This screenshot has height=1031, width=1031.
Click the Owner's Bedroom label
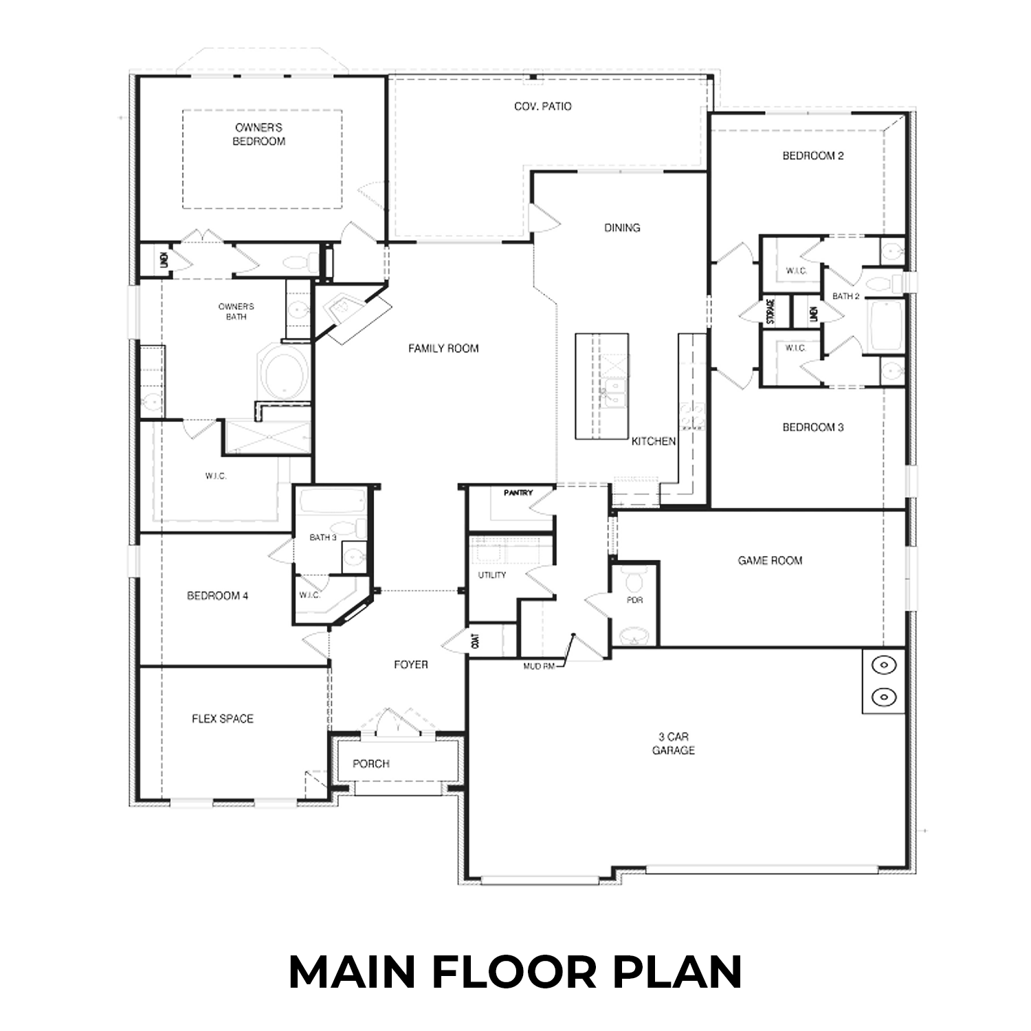[258, 135]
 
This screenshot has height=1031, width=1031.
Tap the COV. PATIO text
[542, 107]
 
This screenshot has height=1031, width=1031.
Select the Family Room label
[443, 348]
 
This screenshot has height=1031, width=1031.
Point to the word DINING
[622, 228]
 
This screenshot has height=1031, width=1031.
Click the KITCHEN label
[654, 441]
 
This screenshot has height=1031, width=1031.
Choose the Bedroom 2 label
[813, 156]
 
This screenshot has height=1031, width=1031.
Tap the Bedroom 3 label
[813, 428]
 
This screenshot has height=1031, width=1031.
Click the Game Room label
[770, 561]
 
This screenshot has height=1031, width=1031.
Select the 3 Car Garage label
[673, 744]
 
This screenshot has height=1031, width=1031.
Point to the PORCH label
[371, 764]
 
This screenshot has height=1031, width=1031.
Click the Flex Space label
[223, 719]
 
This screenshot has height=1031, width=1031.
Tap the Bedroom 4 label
[217, 596]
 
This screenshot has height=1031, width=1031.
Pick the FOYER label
[411, 665]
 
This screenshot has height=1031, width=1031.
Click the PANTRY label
[518, 493]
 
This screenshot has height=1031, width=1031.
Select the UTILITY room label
[492, 575]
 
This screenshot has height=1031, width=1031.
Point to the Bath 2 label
[846, 296]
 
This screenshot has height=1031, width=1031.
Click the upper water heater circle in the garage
[883, 665]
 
